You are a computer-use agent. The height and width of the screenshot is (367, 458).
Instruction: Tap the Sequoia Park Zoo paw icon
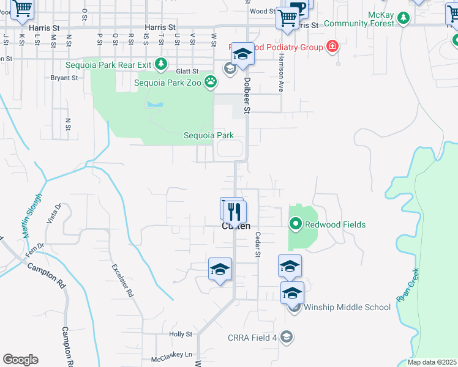[x=211, y=81]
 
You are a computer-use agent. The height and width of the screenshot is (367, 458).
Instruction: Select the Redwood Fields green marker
[x=296, y=224]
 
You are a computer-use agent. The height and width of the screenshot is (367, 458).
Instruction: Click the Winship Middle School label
[x=347, y=307]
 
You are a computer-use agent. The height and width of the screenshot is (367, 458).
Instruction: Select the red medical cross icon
[x=332, y=46]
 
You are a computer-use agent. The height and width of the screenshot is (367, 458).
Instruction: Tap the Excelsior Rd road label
[x=122, y=280]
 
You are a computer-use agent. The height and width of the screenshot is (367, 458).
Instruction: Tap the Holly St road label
[x=181, y=335]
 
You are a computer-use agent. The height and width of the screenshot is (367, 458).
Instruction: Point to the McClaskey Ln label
[x=171, y=354]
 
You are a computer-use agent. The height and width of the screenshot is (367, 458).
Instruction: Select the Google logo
[x=21, y=360]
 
